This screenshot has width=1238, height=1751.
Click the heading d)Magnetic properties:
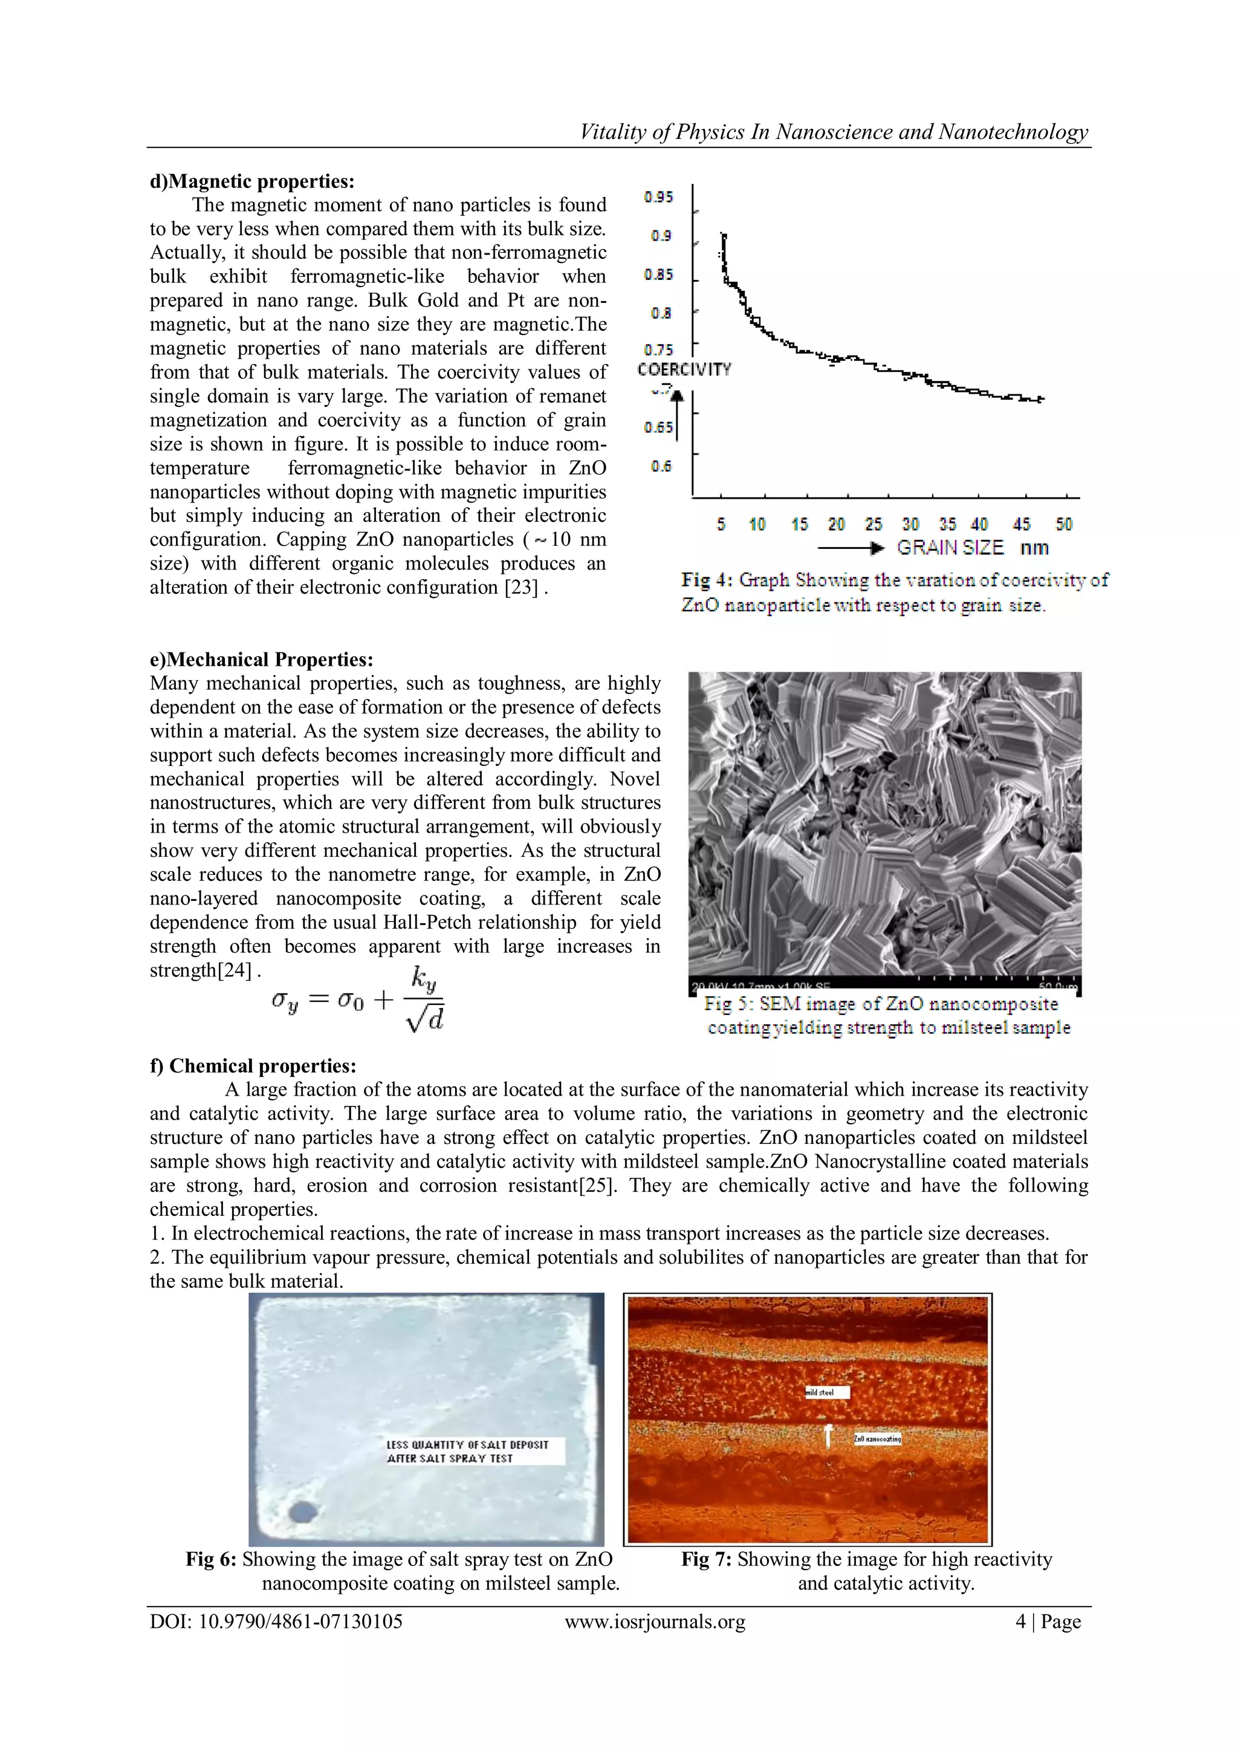click(x=251, y=181)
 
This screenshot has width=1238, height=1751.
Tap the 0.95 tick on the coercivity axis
click(x=659, y=198)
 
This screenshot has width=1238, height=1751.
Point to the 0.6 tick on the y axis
click(x=661, y=466)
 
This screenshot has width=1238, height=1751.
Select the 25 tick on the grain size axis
click(x=873, y=524)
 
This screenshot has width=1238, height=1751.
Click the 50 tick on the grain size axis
click(x=1063, y=524)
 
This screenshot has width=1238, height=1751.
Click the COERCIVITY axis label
click(x=684, y=370)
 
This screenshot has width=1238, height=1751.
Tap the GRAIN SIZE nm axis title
click(x=972, y=548)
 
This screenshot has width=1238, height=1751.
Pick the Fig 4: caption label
click(x=707, y=580)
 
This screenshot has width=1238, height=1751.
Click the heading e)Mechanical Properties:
click(x=262, y=660)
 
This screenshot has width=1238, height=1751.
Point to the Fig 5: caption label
click(x=728, y=1004)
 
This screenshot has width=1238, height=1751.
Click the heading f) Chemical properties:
click(x=253, y=1065)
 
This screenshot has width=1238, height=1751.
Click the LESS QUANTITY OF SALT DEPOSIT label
click(x=467, y=1451)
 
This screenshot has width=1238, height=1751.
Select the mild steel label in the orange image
click(x=827, y=1392)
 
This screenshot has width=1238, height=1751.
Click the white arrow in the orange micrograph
click(x=828, y=1435)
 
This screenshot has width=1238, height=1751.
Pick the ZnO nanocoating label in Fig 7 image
click(x=878, y=1439)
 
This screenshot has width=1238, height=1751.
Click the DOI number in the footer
click(x=276, y=1622)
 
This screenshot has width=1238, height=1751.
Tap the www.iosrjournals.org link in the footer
click(x=655, y=1622)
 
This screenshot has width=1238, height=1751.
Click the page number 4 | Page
click(x=1048, y=1622)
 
